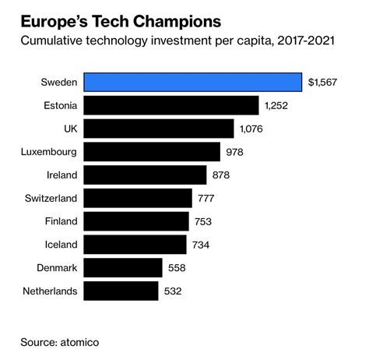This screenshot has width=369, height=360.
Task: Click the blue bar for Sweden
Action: click(x=192, y=82)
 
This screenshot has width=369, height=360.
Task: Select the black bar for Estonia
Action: click(x=170, y=105)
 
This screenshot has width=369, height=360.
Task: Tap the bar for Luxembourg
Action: click(x=151, y=151)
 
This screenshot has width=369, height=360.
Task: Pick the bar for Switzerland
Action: click(x=137, y=198)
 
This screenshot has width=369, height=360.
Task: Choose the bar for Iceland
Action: click(x=135, y=245)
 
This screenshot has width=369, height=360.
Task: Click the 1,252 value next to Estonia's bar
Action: click(x=281, y=105)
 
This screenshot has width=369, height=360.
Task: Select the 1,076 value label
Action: click(x=256, y=129)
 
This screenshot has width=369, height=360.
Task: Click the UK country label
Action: click(x=69, y=129)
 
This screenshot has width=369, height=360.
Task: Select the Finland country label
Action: click(x=58, y=221)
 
